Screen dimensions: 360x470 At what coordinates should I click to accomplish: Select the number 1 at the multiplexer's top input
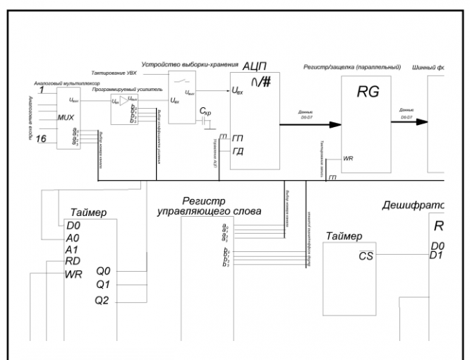42,90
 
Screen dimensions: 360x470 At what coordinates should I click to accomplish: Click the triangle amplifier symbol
124,102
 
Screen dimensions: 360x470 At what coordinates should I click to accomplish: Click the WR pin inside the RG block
348,158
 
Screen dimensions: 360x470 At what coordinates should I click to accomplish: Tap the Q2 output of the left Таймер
103,301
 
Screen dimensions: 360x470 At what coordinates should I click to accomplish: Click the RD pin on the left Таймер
73,262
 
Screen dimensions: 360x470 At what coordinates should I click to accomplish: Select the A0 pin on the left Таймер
73,238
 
